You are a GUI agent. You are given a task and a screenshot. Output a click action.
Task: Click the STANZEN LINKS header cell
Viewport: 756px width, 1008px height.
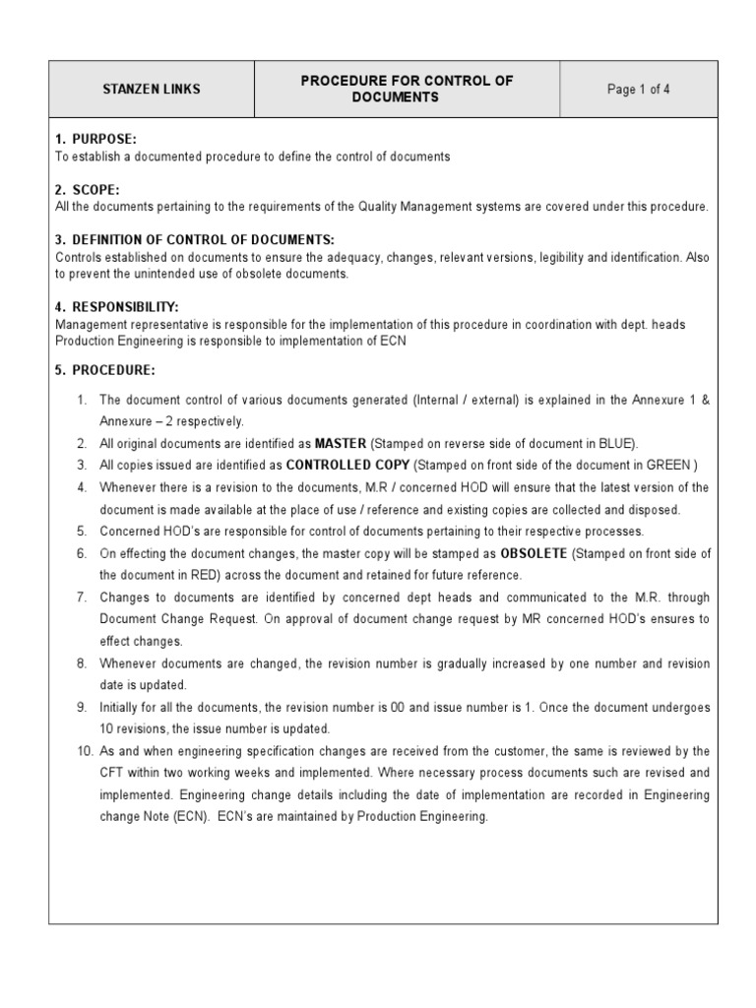pos(152,90)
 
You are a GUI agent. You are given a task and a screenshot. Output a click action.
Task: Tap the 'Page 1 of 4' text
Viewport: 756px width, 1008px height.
pos(639,90)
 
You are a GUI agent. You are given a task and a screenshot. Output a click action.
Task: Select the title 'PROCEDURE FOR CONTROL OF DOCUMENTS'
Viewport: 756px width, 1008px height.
pos(407,90)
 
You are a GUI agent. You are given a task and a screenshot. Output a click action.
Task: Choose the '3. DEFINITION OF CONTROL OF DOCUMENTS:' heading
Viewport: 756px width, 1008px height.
pos(195,240)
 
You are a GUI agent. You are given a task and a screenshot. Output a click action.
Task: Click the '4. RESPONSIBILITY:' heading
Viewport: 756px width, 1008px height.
pos(117,307)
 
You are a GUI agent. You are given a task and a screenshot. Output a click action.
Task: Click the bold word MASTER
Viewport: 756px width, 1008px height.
pos(341,444)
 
